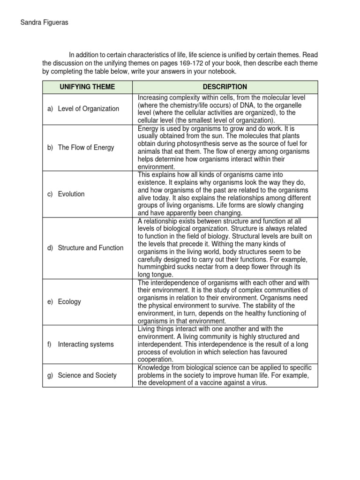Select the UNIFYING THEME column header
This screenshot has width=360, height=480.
[87, 87]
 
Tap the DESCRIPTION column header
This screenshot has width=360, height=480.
[225, 87]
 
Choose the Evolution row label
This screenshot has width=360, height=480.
[71, 194]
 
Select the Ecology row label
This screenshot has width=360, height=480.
[69, 302]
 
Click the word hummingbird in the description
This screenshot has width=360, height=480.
[159, 267]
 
